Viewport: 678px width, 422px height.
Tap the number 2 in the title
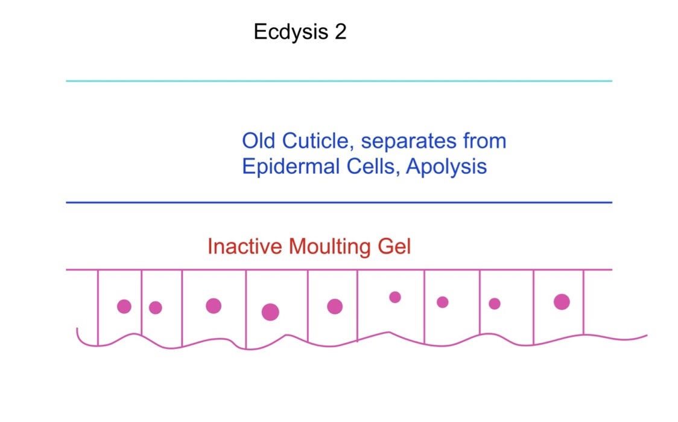pos(340,31)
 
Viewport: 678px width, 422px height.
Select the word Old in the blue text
pos(259,141)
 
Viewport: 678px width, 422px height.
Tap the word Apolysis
pos(446,167)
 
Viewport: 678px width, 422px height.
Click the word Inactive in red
pos(245,246)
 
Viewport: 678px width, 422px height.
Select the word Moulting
pos(329,247)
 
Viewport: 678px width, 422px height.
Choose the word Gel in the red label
pos(394,246)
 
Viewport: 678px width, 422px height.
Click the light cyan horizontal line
pos(339,81)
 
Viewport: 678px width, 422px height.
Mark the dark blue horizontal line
pos(339,202)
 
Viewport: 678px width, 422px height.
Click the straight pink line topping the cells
pos(339,270)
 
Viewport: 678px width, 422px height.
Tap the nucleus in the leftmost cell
pos(124,307)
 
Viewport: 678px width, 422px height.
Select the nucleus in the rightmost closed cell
pos(562,302)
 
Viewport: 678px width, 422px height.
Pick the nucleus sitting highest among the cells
pos(394,297)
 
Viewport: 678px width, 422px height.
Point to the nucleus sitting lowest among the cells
pos(270,312)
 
